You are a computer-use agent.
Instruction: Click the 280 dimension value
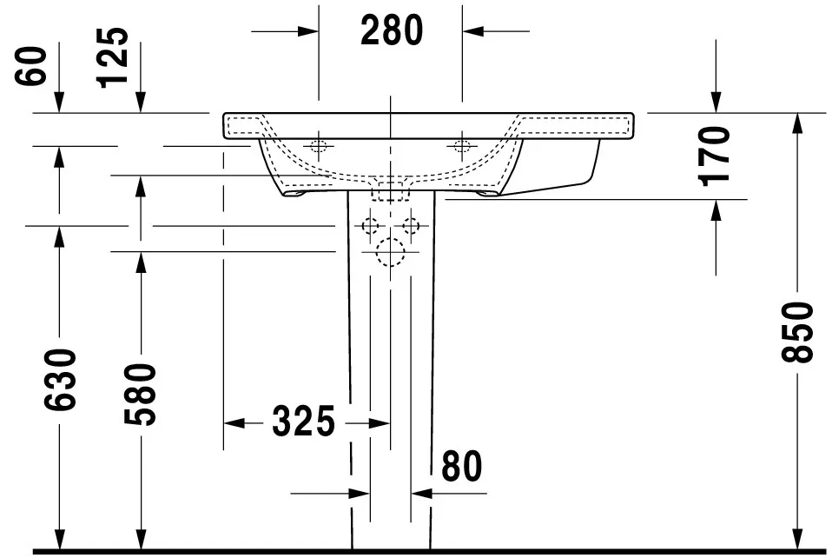pos(392,30)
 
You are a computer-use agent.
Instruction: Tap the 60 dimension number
pos(30,66)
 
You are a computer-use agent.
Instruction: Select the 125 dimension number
pos(113,57)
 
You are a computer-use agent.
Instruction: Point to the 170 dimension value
pos(714,156)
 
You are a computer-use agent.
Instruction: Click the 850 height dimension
pos(797,332)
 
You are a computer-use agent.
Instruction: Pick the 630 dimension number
pos(60,380)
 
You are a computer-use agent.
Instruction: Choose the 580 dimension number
pos(141,395)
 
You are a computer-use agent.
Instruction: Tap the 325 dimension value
pos(303,422)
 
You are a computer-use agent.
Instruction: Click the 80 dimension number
pos(462,467)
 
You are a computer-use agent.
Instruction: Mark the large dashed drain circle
pos(390,251)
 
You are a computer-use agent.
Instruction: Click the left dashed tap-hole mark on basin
pos(319,145)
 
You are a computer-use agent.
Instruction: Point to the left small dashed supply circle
pos(370,226)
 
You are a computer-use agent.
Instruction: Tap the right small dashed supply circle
pos(411,226)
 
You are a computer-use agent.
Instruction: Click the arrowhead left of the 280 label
pos(308,31)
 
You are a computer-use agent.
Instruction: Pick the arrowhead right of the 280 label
pos(472,31)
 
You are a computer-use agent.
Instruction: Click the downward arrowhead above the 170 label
pos(716,103)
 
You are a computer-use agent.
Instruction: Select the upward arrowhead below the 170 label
pos(716,210)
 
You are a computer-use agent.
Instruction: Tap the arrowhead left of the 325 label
pos(234,423)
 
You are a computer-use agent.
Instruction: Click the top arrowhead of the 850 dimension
pos(797,123)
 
